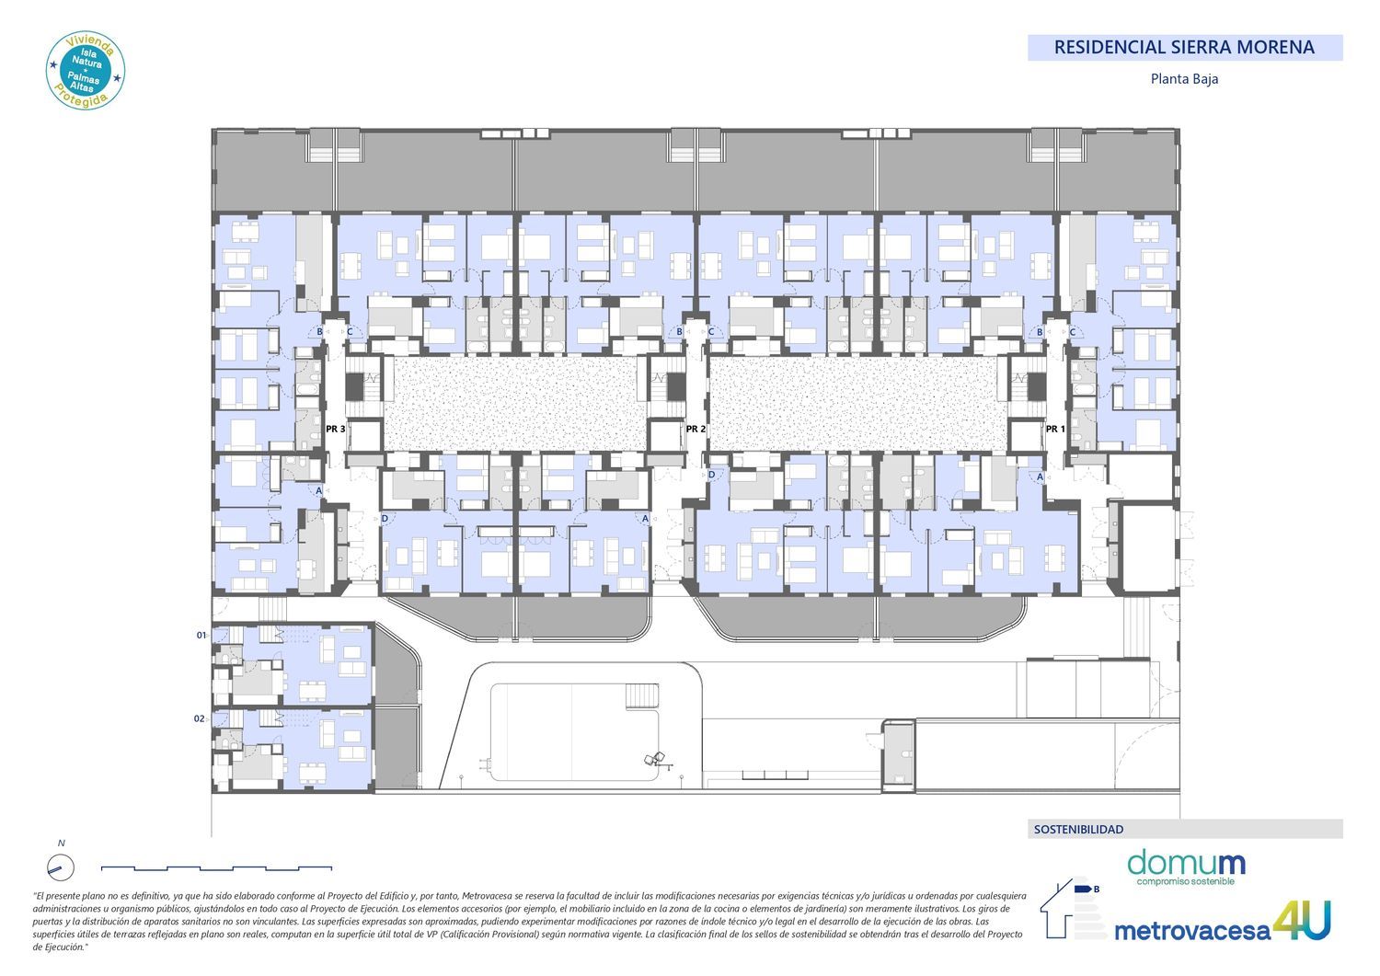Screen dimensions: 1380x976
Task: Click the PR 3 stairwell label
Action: click(x=335, y=429)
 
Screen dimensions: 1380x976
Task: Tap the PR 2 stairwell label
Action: click(x=696, y=429)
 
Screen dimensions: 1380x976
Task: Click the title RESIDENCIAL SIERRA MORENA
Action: click(x=1184, y=48)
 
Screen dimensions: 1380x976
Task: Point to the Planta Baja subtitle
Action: click(x=1184, y=79)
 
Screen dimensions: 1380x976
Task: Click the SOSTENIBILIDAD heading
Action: click(x=1079, y=830)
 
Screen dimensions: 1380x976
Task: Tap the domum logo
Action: click(x=1186, y=866)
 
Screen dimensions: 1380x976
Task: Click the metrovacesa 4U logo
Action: click(x=1223, y=923)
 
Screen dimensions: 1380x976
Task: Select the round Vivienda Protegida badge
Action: click(x=85, y=71)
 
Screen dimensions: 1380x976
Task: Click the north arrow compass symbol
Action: click(x=61, y=867)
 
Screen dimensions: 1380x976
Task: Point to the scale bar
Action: click(x=216, y=868)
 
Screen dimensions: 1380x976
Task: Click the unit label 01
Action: click(x=201, y=635)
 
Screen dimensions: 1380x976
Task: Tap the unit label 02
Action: click(x=199, y=718)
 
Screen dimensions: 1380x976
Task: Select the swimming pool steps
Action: click(x=642, y=695)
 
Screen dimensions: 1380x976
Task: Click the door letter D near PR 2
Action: click(x=711, y=475)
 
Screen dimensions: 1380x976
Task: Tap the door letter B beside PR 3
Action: click(x=320, y=331)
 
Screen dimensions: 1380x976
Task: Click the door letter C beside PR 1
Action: click(x=1073, y=332)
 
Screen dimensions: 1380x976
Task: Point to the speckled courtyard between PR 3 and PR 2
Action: click(x=515, y=403)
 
